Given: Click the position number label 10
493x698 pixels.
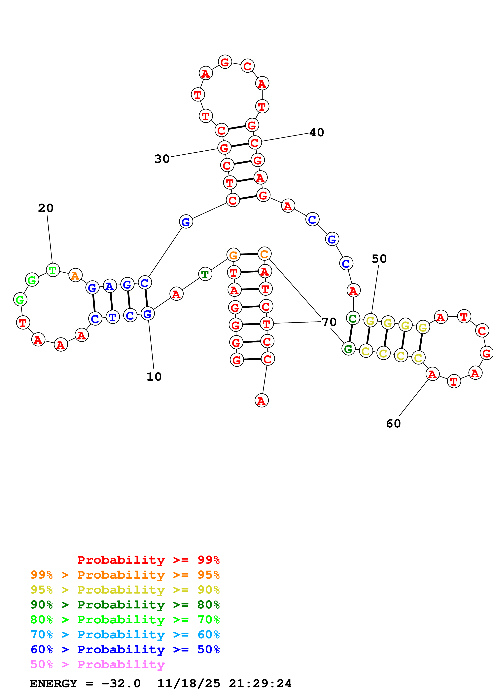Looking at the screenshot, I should click(x=154, y=377).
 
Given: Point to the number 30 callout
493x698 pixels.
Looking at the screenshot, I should click(x=162, y=159).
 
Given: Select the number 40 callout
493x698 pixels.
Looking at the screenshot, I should click(x=317, y=132).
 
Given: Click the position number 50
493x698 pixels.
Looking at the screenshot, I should click(x=379, y=259).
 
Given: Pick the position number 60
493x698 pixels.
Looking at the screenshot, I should click(x=393, y=423).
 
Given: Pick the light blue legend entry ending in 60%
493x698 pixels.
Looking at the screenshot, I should click(x=125, y=635).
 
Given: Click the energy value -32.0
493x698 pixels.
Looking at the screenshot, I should click(x=121, y=683).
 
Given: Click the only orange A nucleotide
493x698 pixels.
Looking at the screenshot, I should click(x=75, y=275).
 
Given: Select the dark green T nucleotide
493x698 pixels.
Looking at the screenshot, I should click(x=205, y=274).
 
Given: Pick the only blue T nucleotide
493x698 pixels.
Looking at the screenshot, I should click(x=112, y=317).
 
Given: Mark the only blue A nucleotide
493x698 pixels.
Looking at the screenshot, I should click(x=110, y=286).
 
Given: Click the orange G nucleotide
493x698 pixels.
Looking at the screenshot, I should click(x=233, y=255).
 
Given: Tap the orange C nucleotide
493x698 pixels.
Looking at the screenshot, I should click(x=264, y=254).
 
